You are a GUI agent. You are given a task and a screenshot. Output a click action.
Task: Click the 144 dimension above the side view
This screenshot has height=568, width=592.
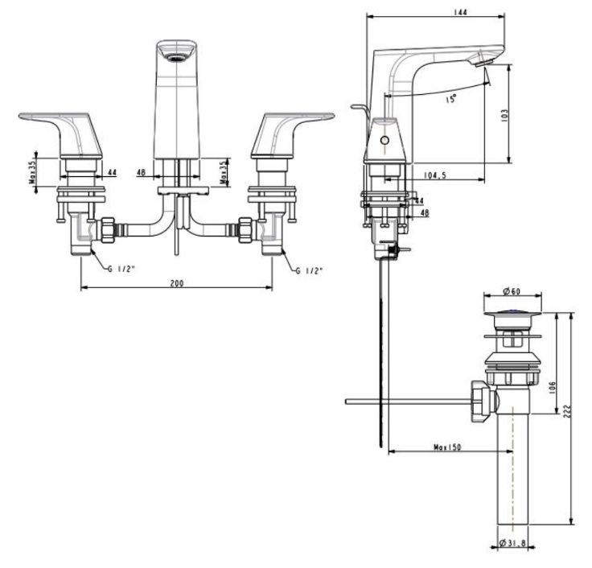(438, 11)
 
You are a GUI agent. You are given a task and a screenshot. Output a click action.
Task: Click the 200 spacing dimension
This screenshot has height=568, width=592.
(176, 283)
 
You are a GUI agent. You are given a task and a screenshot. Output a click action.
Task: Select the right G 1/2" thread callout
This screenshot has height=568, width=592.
(308, 271)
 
